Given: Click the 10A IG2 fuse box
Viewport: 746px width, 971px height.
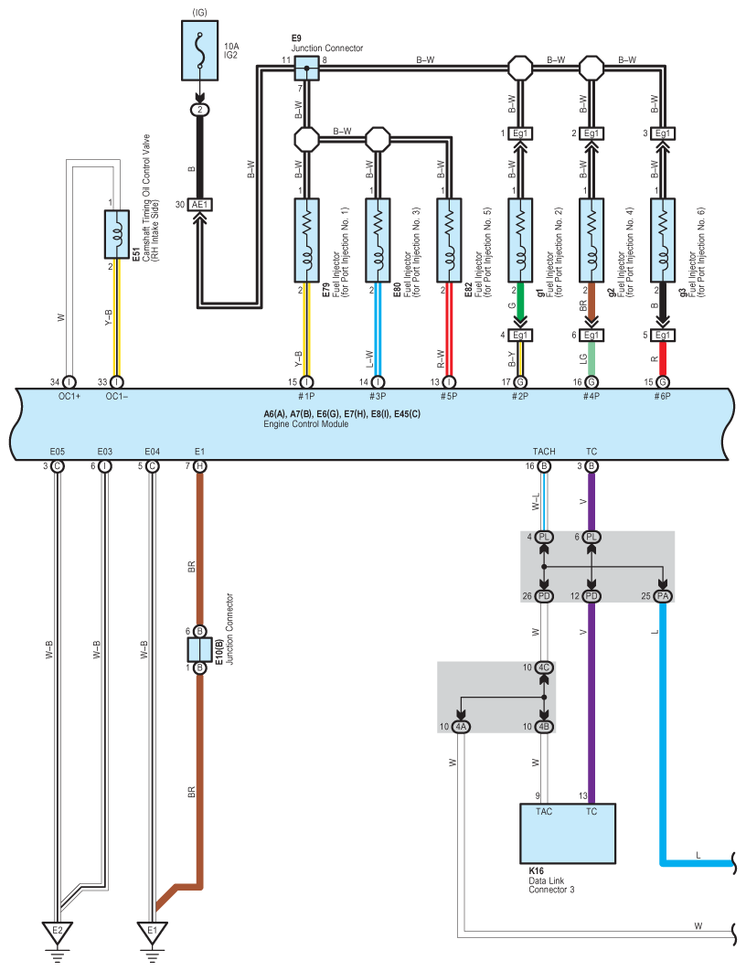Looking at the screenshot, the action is (x=199, y=50).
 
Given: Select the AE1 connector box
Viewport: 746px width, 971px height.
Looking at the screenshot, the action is (x=200, y=205).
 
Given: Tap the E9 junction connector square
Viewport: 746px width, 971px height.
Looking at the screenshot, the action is (x=306, y=69).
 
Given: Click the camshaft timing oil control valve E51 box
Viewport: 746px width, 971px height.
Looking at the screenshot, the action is (x=116, y=234).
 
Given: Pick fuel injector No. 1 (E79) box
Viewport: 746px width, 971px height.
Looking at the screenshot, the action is (x=306, y=240).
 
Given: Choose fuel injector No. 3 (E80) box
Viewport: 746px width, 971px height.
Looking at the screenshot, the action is (x=378, y=240).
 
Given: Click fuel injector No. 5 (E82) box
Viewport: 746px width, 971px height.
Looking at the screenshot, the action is (x=449, y=240).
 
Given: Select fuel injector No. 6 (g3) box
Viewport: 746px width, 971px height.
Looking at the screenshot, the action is (x=663, y=240).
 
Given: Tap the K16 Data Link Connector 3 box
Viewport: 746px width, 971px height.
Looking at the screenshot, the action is (x=568, y=834).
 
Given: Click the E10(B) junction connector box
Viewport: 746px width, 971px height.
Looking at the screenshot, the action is (x=200, y=649).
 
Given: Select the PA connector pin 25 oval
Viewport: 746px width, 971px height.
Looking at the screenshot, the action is (x=663, y=596).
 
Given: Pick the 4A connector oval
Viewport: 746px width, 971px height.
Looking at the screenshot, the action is (x=461, y=726).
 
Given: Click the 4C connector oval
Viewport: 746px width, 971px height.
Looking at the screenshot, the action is (x=544, y=667).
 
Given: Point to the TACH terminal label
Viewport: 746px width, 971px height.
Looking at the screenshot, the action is (x=544, y=452).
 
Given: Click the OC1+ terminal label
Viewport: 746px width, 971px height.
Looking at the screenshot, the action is (x=69, y=396).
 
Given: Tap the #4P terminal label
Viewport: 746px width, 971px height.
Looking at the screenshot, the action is (x=591, y=396).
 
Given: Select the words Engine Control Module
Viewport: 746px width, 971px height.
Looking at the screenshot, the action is (x=306, y=424).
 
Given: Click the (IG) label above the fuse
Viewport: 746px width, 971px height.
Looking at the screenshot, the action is (x=199, y=13).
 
